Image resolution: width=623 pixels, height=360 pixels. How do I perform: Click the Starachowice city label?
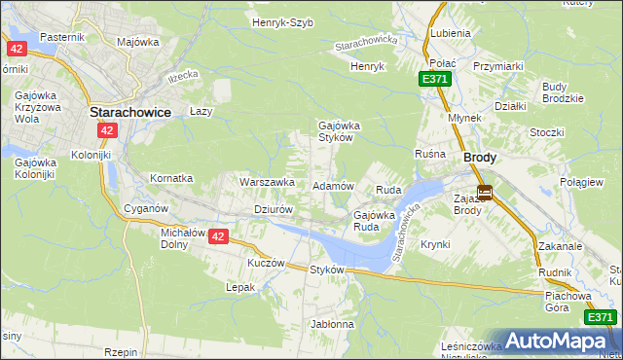click(130, 112)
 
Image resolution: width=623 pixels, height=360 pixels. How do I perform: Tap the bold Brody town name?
click(480, 157)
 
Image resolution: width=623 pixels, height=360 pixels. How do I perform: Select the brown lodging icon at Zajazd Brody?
click(484, 193)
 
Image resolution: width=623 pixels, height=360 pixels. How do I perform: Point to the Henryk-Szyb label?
click(282, 22)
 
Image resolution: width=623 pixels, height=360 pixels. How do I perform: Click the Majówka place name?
click(137, 42)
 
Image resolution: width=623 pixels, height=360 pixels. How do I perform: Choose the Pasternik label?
click(64, 37)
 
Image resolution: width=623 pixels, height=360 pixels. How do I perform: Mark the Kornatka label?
click(171, 179)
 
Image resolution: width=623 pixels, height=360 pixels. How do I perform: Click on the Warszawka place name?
click(267, 182)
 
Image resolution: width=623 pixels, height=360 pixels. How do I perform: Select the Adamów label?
click(332, 185)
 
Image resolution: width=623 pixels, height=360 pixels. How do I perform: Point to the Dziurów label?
click(273, 209)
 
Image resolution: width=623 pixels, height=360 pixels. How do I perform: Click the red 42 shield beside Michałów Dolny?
click(217, 236)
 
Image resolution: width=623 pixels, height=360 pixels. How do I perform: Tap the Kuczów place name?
click(266, 263)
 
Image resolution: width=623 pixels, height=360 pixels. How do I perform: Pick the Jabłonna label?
click(332, 324)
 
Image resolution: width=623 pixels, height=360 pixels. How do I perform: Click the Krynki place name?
click(436, 244)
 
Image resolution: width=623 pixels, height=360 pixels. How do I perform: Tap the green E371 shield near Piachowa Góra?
click(600, 317)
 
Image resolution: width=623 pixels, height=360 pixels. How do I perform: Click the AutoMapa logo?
click(557, 341)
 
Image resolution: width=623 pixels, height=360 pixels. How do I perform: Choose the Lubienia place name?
click(450, 33)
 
